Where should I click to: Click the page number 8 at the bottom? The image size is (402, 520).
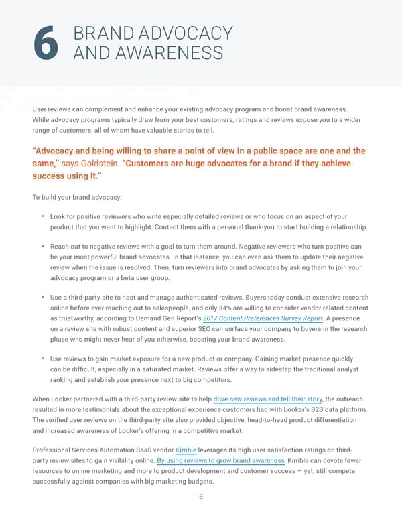click(x=200, y=497)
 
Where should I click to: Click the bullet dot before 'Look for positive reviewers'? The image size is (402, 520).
click(x=43, y=216)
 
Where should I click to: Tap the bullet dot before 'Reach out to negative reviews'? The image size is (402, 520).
click(x=43, y=247)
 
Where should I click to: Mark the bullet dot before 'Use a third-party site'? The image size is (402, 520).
click(x=43, y=297)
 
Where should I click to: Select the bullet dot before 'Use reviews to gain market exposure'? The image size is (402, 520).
click(x=43, y=358)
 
